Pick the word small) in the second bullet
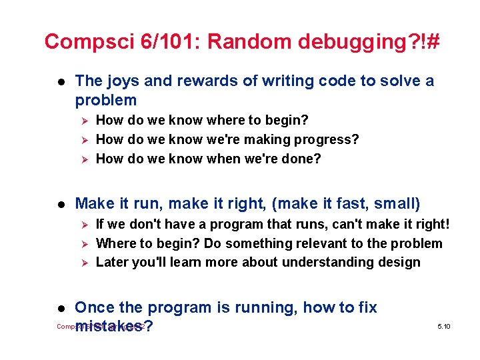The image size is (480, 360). [398, 203]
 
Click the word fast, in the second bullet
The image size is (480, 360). [349, 203]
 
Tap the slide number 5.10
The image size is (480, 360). [444, 326]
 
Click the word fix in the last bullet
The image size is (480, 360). [366, 307]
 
